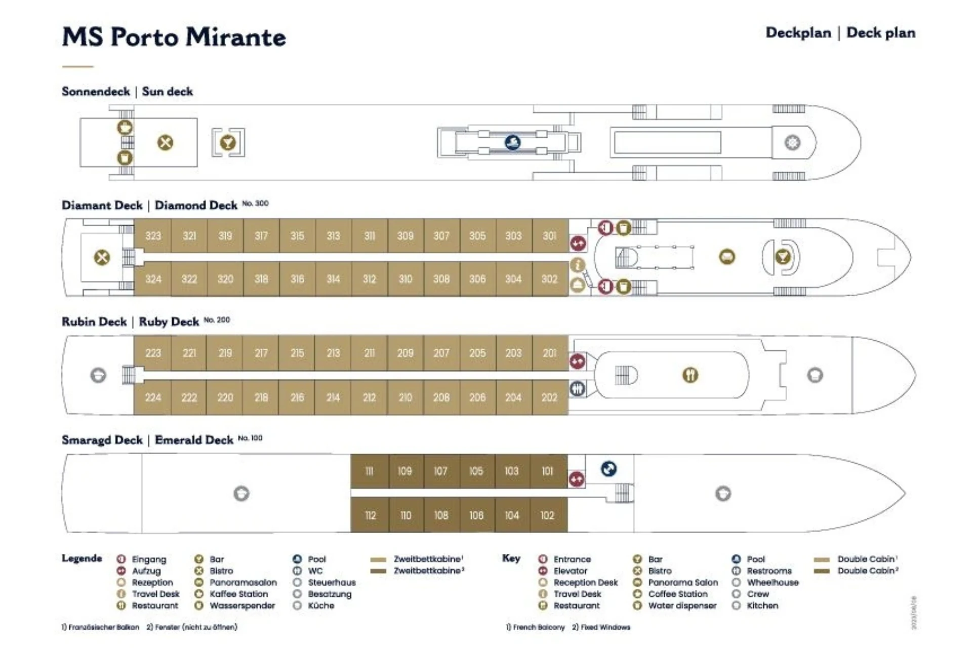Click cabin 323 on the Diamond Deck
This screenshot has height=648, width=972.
pos(153,236)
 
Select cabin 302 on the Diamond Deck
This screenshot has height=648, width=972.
pos(549,279)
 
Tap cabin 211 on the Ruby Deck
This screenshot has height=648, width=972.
pos(370,353)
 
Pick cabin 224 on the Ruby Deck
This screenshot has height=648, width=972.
pos(153,397)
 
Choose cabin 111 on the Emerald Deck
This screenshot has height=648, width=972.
pos(370,471)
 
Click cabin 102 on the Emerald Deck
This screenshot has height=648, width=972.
pos(547,515)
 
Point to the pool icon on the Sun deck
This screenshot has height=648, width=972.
pos(513,142)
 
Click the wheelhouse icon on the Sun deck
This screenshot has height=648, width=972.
pos(792,143)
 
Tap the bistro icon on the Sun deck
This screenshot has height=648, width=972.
pos(165,143)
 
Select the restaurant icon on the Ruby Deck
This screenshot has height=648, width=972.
pos(690,375)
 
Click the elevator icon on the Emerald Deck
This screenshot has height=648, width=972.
pos(576,479)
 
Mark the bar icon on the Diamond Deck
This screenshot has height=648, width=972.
pos(783,257)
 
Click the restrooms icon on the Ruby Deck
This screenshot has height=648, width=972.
pos(578,389)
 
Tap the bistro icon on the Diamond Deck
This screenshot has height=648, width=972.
pos(102,257)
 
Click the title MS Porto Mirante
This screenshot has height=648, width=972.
pos(174,37)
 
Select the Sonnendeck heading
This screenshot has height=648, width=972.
pos(96,92)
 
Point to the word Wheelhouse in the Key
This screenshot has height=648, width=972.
pos(773,582)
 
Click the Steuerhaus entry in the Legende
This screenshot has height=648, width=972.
pos(332,582)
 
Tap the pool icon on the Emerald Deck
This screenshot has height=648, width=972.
pos(609,469)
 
